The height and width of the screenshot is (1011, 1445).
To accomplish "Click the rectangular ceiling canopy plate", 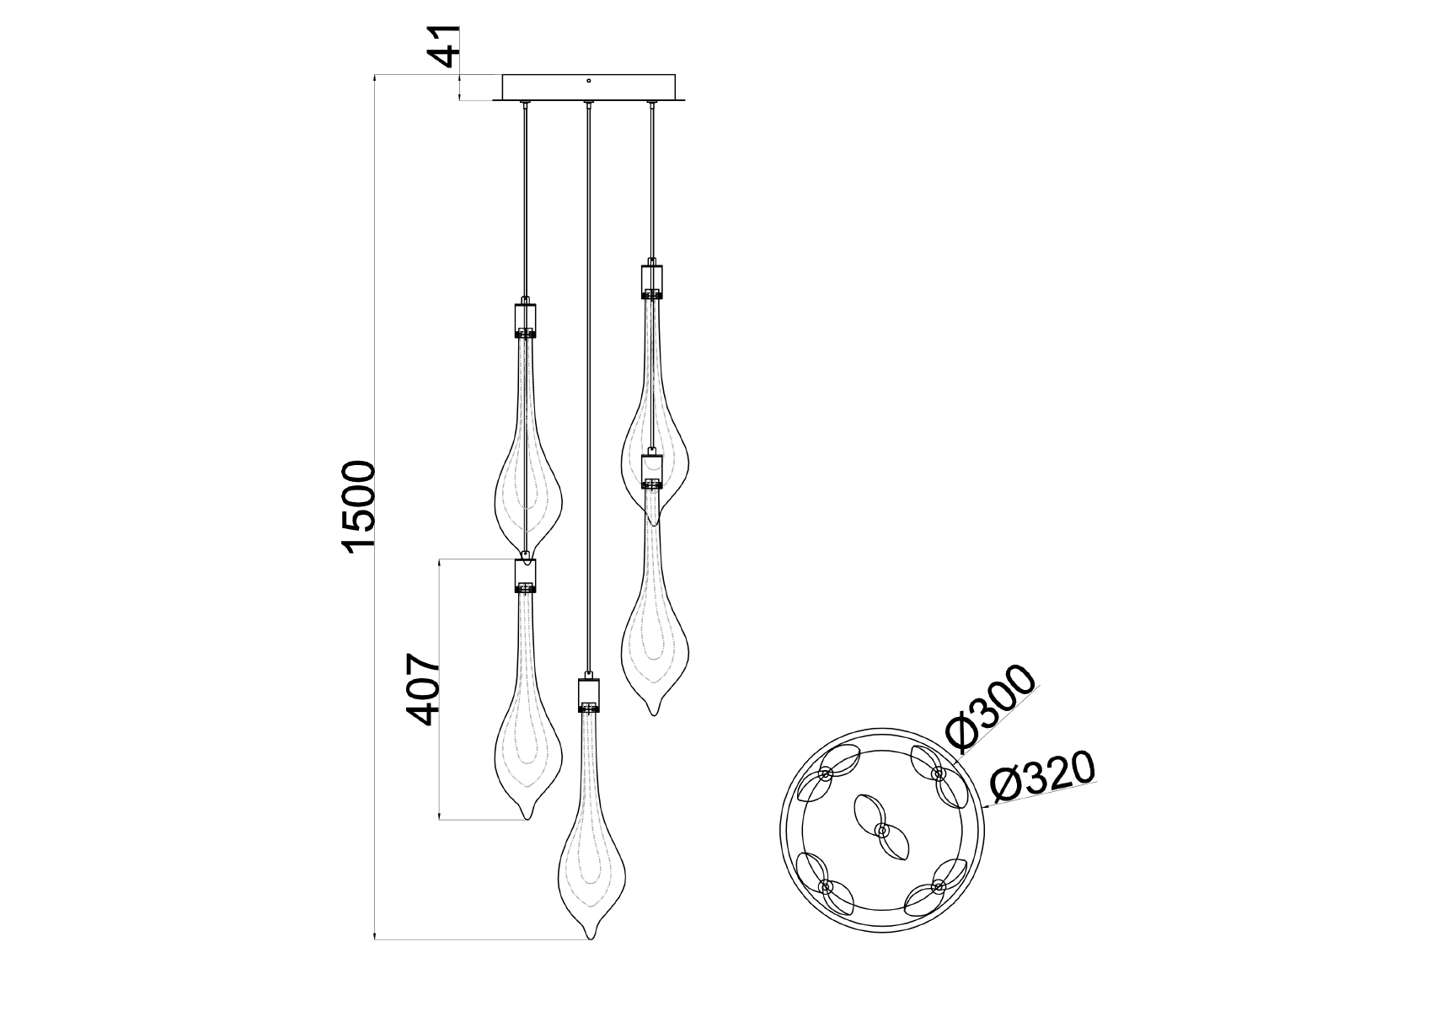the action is (x=589, y=88).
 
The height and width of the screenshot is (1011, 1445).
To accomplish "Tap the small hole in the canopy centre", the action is (x=589, y=82).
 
